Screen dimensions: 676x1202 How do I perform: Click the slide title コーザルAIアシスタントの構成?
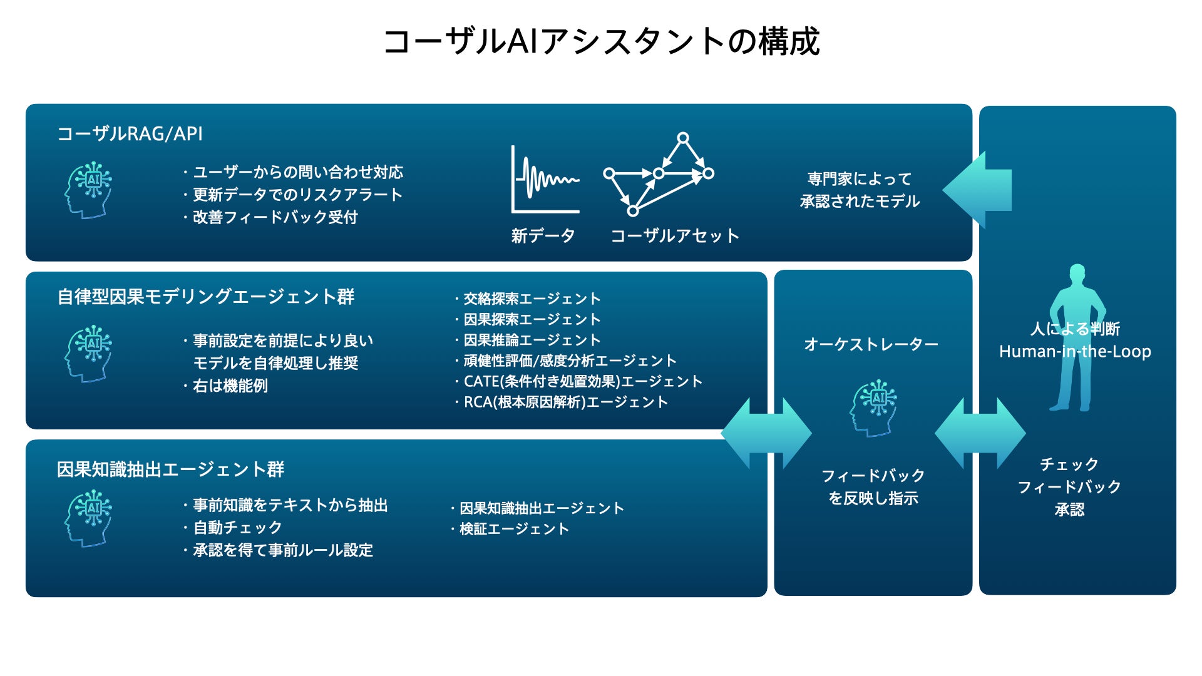pyautogui.click(x=601, y=41)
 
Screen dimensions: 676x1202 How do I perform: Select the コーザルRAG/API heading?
pyautogui.click(x=130, y=134)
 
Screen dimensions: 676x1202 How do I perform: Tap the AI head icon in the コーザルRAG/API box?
pyautogui.click(x=88, y=190)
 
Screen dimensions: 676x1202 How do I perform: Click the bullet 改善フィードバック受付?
pyautogui.click(x=274, y=217)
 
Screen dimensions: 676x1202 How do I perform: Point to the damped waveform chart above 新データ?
pyautogui.click(x=545, y=180)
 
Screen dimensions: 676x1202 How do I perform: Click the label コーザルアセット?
pyautogui.click(x=675, y=236)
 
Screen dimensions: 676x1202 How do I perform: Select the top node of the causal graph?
pyautogui.click(x=683, y=138)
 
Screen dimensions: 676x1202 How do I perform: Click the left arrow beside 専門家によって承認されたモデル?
pyautogui.click(x=977, y=190)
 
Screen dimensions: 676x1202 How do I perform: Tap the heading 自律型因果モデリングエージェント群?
pyautogui.click(x=206, y=297)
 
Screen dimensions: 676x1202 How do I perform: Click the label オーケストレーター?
pyautogui.click(x=871, y=344)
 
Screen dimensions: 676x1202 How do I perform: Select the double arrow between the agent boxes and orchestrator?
pyautogui.click(x=766, y=433)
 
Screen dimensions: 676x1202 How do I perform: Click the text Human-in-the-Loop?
pyautogui.click(x=1075, y=352)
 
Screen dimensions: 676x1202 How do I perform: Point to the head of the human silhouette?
pyautogui.click(x=1077, y=274)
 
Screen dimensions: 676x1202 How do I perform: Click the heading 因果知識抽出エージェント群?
pyautogui.click(x=170, y=469)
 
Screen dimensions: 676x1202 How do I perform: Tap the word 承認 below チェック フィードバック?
pyautogui.click(x=1069, y=510)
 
